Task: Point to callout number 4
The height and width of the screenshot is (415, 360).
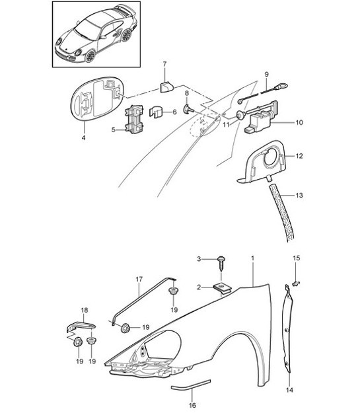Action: [x=83, y=139]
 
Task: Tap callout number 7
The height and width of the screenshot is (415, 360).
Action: [x=187, y=109]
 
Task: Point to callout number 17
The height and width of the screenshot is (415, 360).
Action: [x=139, y=280]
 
